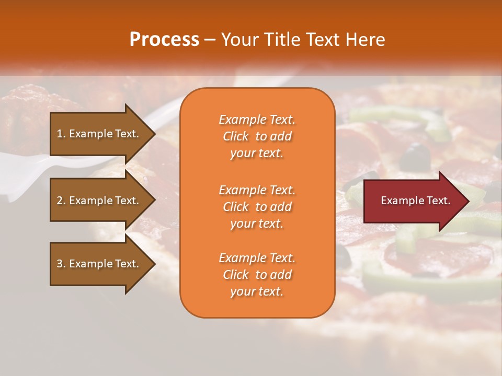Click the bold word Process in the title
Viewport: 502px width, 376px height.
[x=164, y=40]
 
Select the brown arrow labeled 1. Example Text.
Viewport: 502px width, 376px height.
[x=99, y=134]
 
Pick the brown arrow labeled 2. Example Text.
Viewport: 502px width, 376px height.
[x=99, y=201]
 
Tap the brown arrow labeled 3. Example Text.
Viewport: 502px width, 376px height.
[x=99, y=264]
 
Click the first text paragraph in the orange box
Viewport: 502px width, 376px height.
[x=257, y=136]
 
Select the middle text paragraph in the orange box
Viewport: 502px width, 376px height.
[x=257, y=207]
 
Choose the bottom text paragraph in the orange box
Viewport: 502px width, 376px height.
[x=257, y=275]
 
